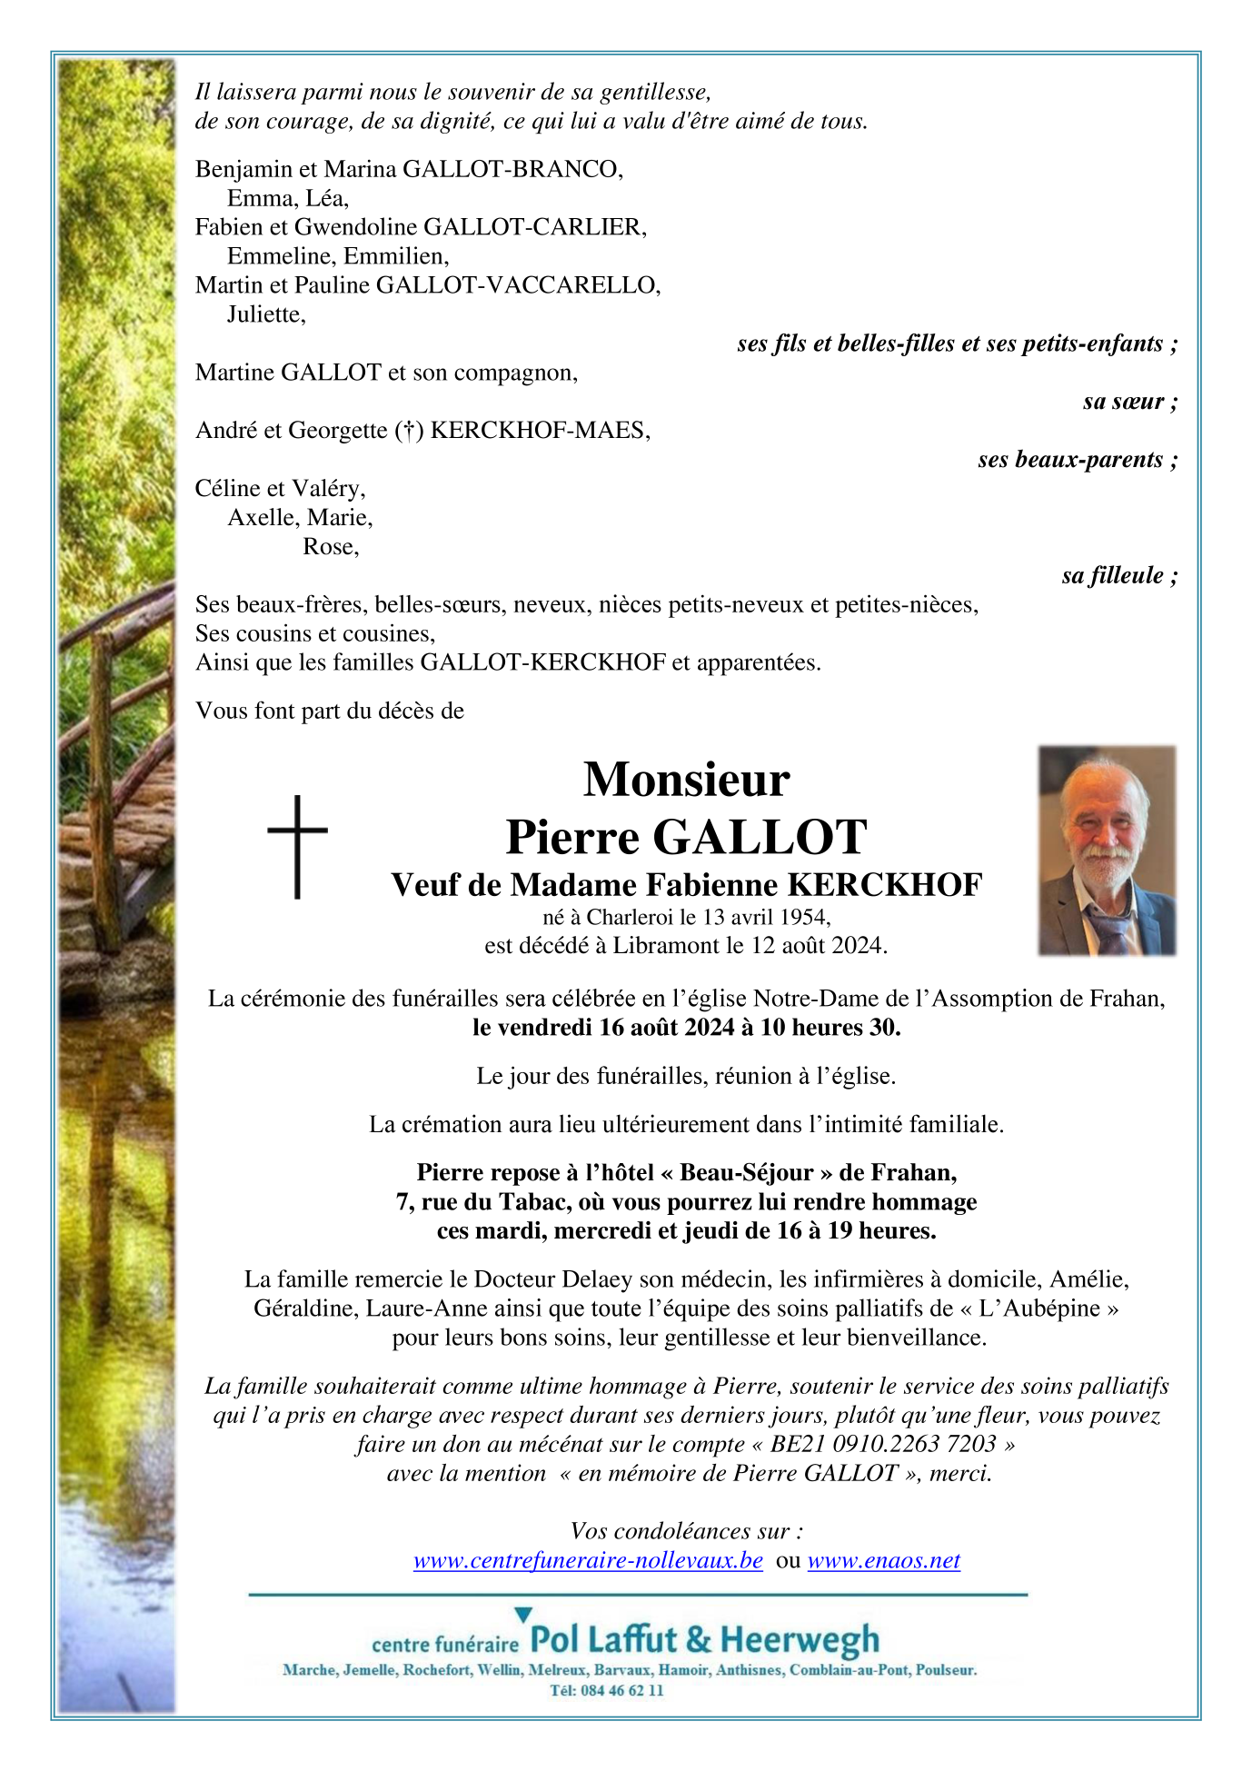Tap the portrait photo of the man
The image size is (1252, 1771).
[x=1107, y=850]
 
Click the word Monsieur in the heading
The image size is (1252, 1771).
[x=686, y=780]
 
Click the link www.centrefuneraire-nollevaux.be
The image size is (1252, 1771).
[x=588, y=1560]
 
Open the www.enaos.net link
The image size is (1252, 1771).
[x=883, y=1560]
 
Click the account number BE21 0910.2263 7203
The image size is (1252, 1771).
[x=883, y=1444]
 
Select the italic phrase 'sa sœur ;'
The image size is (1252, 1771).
[x=1129, y=402]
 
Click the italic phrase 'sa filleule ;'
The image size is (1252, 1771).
[x=1119, y=575]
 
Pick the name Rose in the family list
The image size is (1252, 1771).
[x=329, y=547]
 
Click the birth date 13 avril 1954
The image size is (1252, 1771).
[x=765, y=917]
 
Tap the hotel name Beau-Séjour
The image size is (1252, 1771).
[x=746, y=1173]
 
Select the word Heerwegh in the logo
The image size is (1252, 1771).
[x=800, y=1639]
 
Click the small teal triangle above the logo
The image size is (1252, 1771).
[x=522, y=1615]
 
